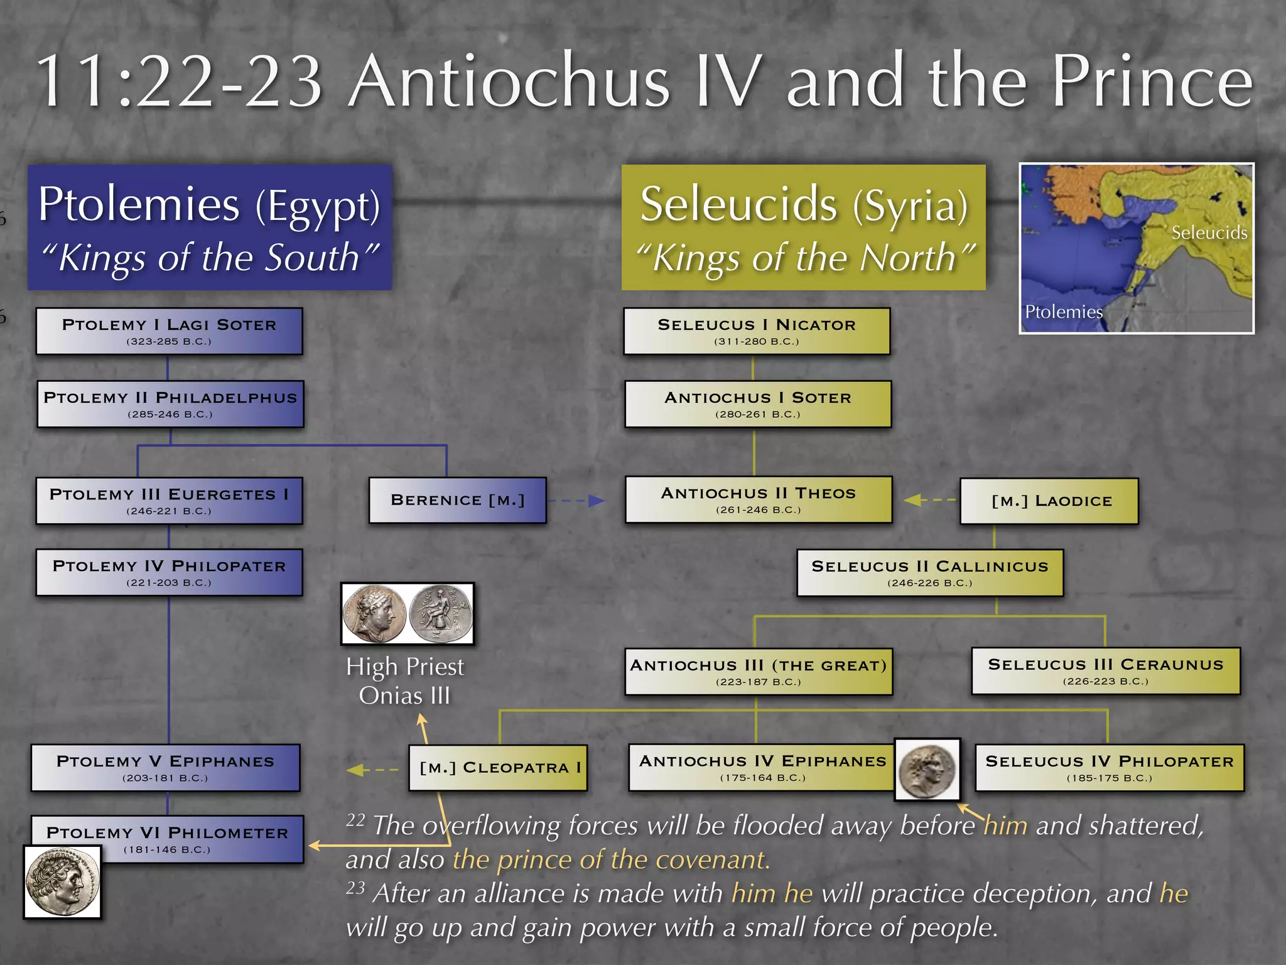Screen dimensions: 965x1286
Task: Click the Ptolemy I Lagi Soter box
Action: click(x=169, y=331)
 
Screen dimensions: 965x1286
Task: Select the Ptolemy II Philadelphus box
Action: click(x=170, y=404)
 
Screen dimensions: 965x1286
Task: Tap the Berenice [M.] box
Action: click(x=457, y=500)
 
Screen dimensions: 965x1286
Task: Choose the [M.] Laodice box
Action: click(x=1049, y=501)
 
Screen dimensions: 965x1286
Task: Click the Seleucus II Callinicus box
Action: click(x=929, y=572)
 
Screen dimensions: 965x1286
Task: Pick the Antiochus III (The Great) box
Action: click(x=758, y=672)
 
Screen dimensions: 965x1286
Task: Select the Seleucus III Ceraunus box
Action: click(x=1105, y=671)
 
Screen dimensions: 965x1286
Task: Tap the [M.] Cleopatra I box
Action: click(x=498, y=767)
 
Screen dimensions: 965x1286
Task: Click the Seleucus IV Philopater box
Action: click(x=1109, y=768)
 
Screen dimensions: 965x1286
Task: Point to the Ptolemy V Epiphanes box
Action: click(x=165, y=768)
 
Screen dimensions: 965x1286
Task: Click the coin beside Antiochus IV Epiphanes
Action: click(x=927, y=770)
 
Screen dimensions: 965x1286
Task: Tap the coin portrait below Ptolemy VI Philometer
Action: click(x=62, y=881)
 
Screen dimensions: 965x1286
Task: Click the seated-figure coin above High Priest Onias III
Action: click(x=440, y=613)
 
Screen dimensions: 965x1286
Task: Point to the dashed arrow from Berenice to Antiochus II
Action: click(x=576, y=501)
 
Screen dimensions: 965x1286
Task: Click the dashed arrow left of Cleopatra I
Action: click(x=372, y=770)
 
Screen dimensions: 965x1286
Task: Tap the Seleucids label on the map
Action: click(x=1209, y=233)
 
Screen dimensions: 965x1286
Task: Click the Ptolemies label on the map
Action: click(x=1063, y=312)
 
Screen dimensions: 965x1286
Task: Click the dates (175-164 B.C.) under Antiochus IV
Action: click(x=762, y=778)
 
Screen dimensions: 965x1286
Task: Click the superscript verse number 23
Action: click(x=355, y=888)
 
